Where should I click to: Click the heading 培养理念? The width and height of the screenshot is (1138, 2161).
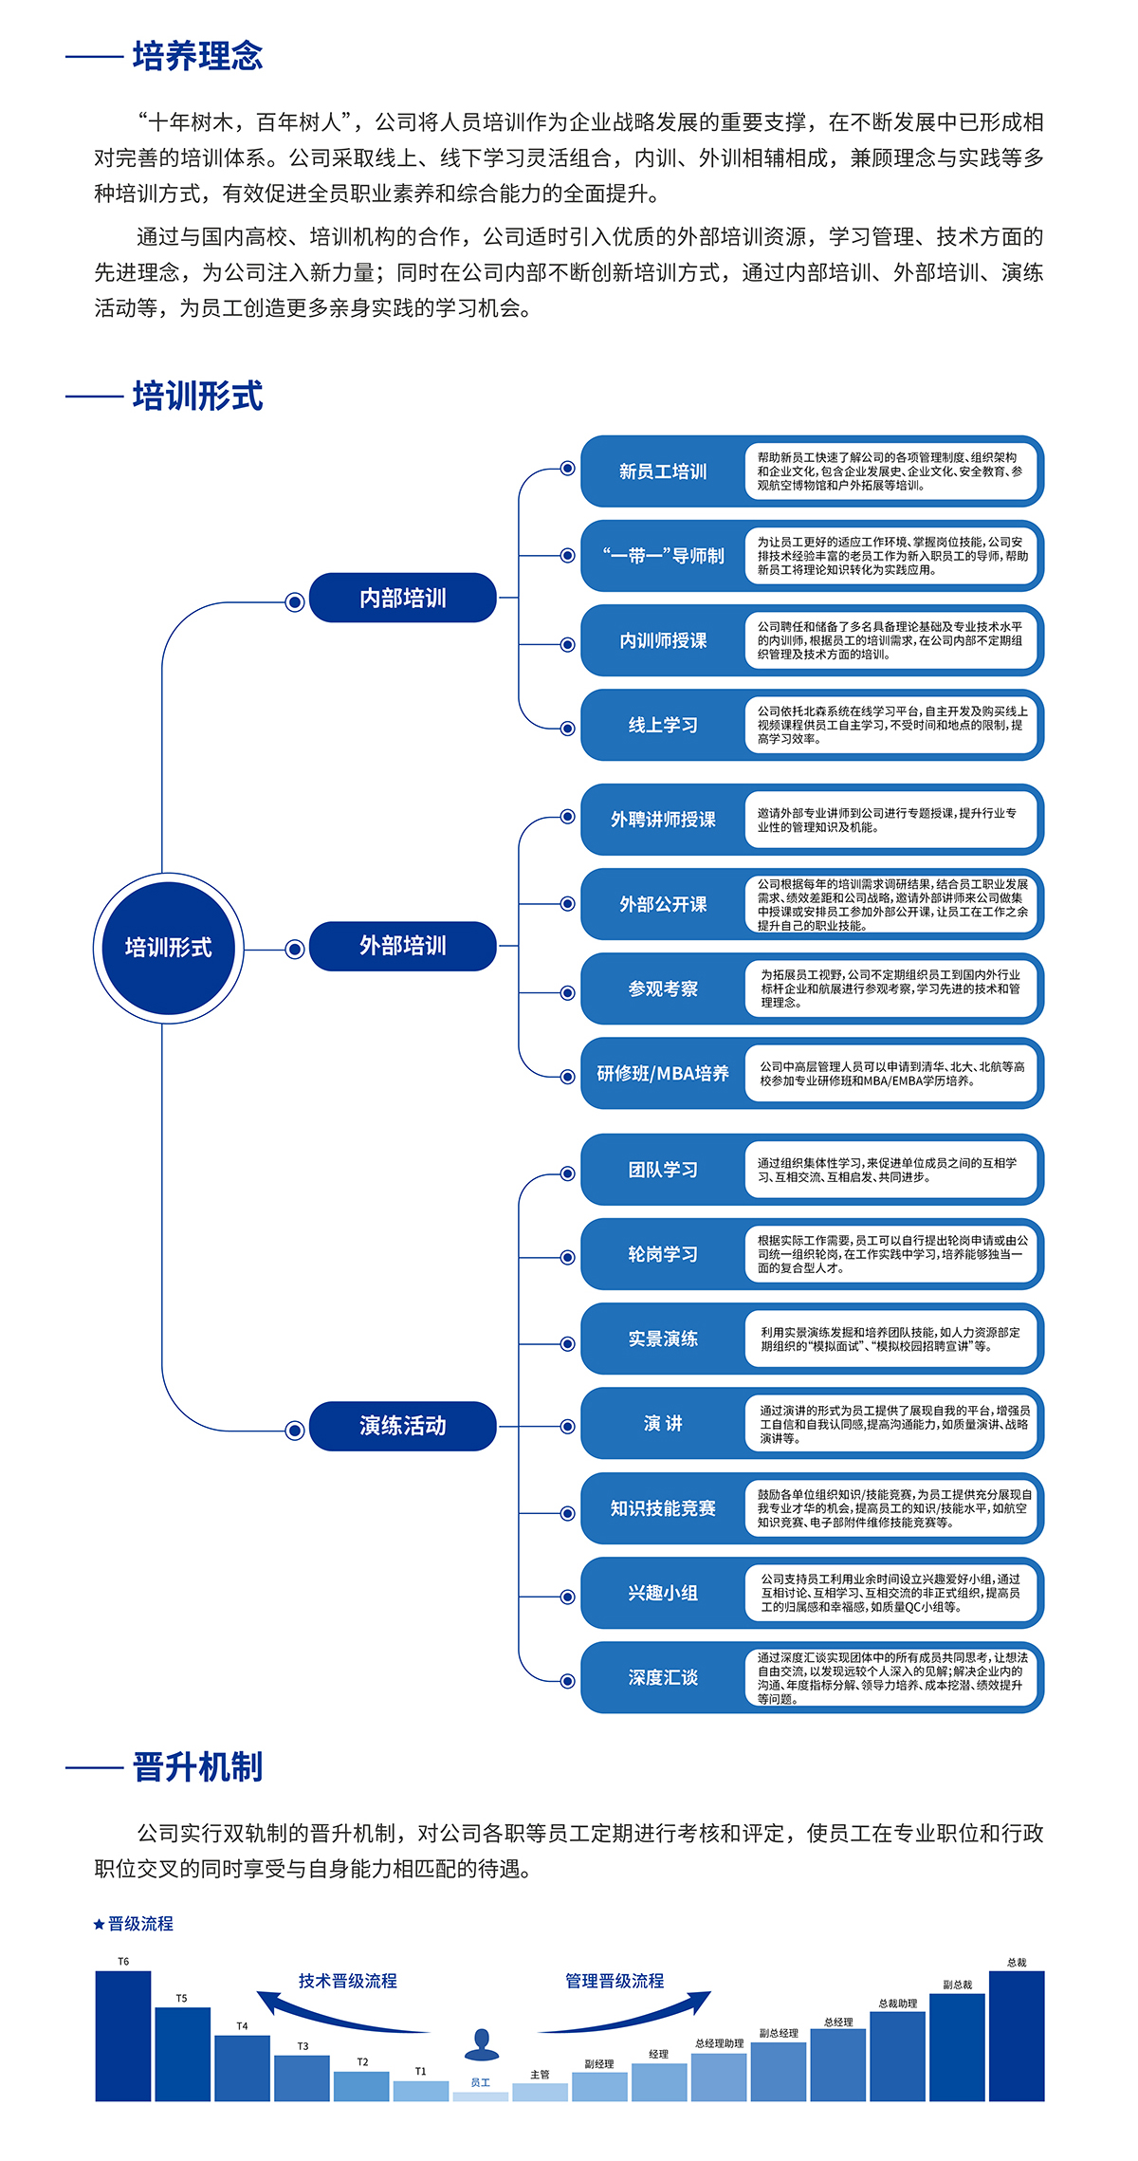click(197, 56)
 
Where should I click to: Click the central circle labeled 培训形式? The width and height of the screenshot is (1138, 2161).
click(169, 948)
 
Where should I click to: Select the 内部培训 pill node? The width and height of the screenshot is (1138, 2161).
click(402, 598)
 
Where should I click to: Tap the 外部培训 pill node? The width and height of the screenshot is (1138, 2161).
click(402, 946)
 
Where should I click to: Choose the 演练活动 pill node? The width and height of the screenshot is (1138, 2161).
click(402, 1426)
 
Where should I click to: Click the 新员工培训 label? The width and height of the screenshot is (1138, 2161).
click(663, 471)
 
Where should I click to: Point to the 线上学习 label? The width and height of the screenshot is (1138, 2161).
click(663, 725)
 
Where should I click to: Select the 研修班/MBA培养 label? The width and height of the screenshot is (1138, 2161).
click(663, 1073)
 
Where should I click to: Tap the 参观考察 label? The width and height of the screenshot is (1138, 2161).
click(663, 988)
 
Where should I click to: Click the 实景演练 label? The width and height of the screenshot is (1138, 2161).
click(663, 1339)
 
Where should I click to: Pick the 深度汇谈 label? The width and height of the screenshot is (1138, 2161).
click(663, 1677)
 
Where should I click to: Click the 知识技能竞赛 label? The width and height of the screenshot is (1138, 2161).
click(663, 1508)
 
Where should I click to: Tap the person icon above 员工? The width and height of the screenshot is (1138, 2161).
click(482, 2044)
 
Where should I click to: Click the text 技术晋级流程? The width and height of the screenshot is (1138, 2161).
click(348, 1981)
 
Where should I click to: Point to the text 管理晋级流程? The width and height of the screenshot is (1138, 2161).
click(615, 1981)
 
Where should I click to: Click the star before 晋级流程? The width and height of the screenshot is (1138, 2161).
click(99, 1924)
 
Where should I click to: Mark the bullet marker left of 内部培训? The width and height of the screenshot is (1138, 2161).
click(295, 601)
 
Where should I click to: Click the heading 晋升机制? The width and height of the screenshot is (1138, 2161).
click(197, 1767)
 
